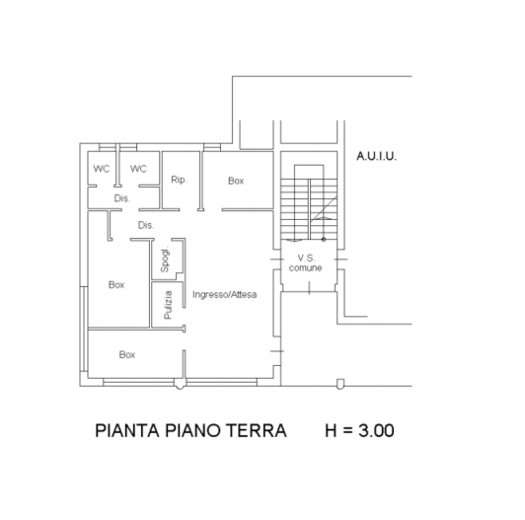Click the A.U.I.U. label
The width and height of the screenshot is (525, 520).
[x=377, y=156]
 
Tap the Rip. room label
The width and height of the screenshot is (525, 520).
[x=179, y=180]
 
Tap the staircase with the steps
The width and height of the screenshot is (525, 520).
[x=309, y=209]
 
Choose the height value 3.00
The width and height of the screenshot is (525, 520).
[x=374, y=431]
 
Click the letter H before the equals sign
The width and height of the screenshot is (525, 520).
[x=331, y=431]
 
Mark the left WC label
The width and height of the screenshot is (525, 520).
[x=102, y=169]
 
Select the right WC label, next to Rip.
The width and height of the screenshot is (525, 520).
[x=138, y=169]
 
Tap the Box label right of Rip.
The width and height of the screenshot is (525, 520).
[x=236, y=181]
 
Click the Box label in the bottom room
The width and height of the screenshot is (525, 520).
[x=126, y=353]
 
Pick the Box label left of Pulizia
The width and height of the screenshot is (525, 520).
[x=116, y=284]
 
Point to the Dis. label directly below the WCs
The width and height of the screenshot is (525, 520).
[x=121, y=198]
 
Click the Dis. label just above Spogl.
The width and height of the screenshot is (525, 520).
[x=146, y=226]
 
